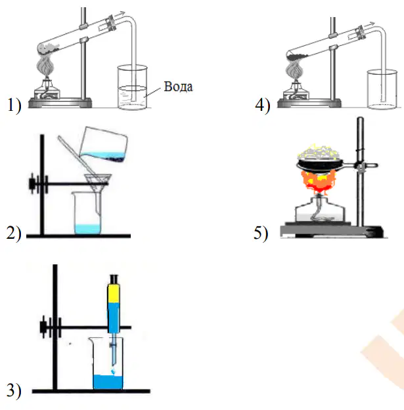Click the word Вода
pyautogui.click(x=178, y=87)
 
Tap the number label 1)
pyautogui.click(x=14, y=105)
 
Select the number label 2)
pyautogui.click(x=14, y=233)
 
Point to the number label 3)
pyautogui.click(x=14, y=391)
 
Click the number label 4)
pyautogui.click(x=263, y=105)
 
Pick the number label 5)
pyautogui.click(x=261, y=233)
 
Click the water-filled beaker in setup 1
pyautogui.click(x=132, y=87)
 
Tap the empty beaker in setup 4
pyautogui.click(x=382, y=89)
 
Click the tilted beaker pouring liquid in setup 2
pyautogui.click(x=104, y=144)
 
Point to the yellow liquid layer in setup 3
pyautogui.click(x=114, y=293)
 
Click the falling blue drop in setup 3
pyautogui.click(x=113, y=371)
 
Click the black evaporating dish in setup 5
pyautogui.click(x=319, y=165)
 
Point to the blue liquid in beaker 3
pyautogui.click(x=108, y=382)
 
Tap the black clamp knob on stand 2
pyautogui.click(x=32, y=184)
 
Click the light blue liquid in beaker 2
pyautogui.click(x=87, y=229)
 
